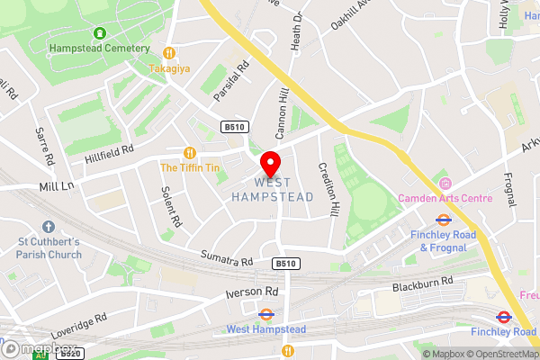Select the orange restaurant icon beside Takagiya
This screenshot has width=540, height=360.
(x=168, y=51)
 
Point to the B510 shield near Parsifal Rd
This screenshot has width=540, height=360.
(x=235, y=127)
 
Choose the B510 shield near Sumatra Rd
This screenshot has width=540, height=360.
(x=285, y=263)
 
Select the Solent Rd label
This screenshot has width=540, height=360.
(x=171, y=206)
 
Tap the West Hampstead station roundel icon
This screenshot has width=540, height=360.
(x=265, y=315)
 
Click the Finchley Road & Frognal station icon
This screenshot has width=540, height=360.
(x=442, y=218)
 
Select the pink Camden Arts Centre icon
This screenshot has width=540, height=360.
(x=443, y=183)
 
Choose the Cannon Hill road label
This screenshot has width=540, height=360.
(x=281, y=112)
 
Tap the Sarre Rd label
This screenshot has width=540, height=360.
(x=45, y=146)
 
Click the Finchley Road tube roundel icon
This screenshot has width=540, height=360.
(x=503, y=317)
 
